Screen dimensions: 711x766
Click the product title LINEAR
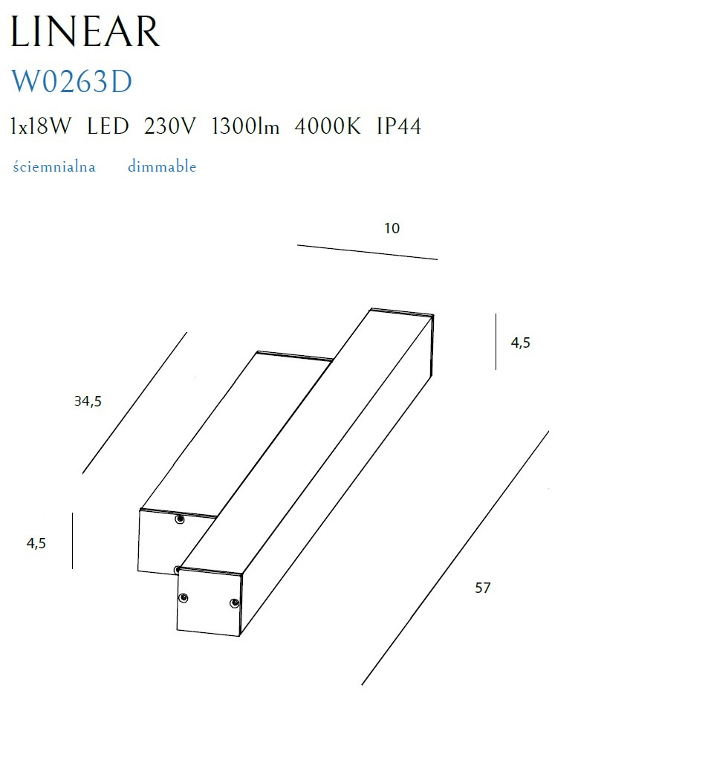[85, 31]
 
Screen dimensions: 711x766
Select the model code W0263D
[71, 81]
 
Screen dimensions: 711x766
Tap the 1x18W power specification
[41, 126]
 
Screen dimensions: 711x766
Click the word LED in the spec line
[108, 126]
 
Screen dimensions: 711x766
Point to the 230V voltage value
[169, 126]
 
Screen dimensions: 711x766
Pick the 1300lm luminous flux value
[245, 126]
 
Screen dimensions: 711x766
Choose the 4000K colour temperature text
[328, 126]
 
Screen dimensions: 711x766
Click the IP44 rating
[399, 126]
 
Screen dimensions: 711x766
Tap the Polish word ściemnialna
[53, 166]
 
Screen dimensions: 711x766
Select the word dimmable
[162, 166]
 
